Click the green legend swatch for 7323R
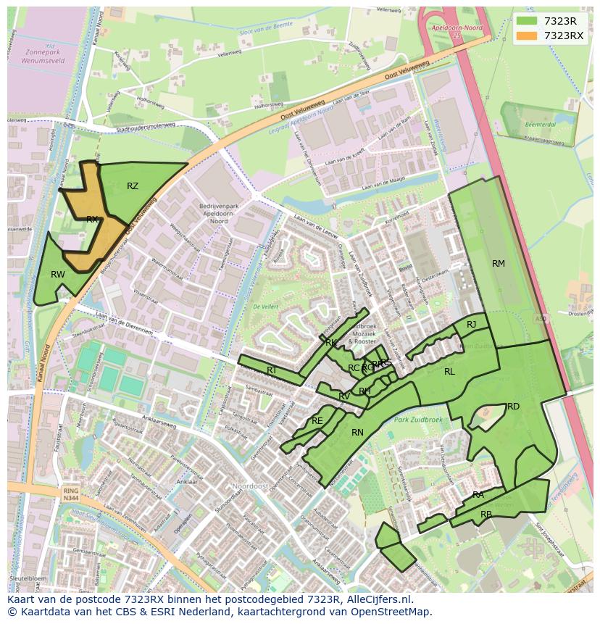[527, 21]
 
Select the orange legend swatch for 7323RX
[527, 36]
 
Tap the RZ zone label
[133, 186]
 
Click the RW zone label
[58, 274]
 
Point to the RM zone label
[499, 264]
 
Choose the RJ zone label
[472, 325]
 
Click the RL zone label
[449, 371]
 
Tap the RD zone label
[513, 407]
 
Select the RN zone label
[357, 433]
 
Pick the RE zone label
[317, 421]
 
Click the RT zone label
[272, 370]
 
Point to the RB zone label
[486, 515]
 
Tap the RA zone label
[478, 495]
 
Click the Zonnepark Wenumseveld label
[45, 57]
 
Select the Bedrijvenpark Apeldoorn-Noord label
[203, 215]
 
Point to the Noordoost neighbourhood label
[250, 486]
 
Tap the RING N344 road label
[71, 495]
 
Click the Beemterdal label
[535, 125]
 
